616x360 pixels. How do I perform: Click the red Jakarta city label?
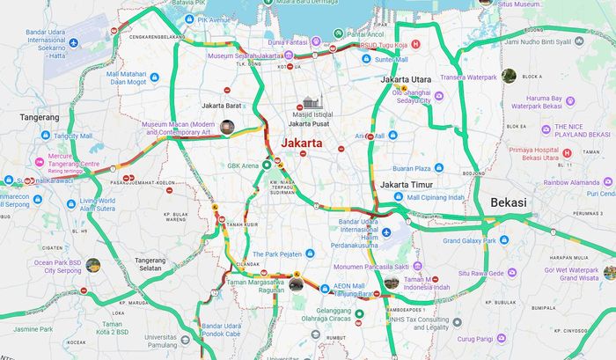[x=302, y=143]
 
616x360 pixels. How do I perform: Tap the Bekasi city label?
[x=508, y=202]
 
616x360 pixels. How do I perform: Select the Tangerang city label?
[x=40, y=116]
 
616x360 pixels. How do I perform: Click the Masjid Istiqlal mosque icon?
[x=309, y=104]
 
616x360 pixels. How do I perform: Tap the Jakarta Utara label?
[x=406, y=79]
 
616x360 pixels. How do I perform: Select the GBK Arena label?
[x=243, y=165]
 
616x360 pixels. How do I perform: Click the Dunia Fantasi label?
[x=289, y=40]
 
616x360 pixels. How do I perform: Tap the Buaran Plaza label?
[x=411, y=168]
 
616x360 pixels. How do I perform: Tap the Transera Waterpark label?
[x=468, y=77]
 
